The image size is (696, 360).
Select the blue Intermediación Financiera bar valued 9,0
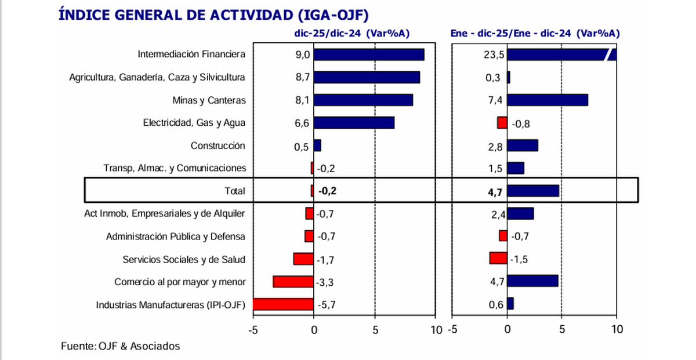tap(369, 54)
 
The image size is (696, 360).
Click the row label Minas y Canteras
tap(209, 100)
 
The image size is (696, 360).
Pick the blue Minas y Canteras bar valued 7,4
tap(548, 100)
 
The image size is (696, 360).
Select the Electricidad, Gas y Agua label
tap(194, 123)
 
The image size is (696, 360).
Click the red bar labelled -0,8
tap(502, 123)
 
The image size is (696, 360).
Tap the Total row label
tap(234, 191)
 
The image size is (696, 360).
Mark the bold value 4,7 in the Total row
tap(496, 191)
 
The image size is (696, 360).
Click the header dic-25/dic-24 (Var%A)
tap(351, 33)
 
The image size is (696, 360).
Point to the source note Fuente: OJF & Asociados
tap(121, 346)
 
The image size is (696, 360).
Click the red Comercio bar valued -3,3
tap(293, 282)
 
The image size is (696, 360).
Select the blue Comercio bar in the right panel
tap(532, 281)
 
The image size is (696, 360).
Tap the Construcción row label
tap(218, 146)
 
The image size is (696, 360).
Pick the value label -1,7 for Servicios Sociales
tap(325, 259)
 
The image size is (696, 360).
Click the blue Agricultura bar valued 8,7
tap(367, 77)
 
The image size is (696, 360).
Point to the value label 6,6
tap(302, 123)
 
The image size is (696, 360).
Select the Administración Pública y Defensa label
tap(176, 237)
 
